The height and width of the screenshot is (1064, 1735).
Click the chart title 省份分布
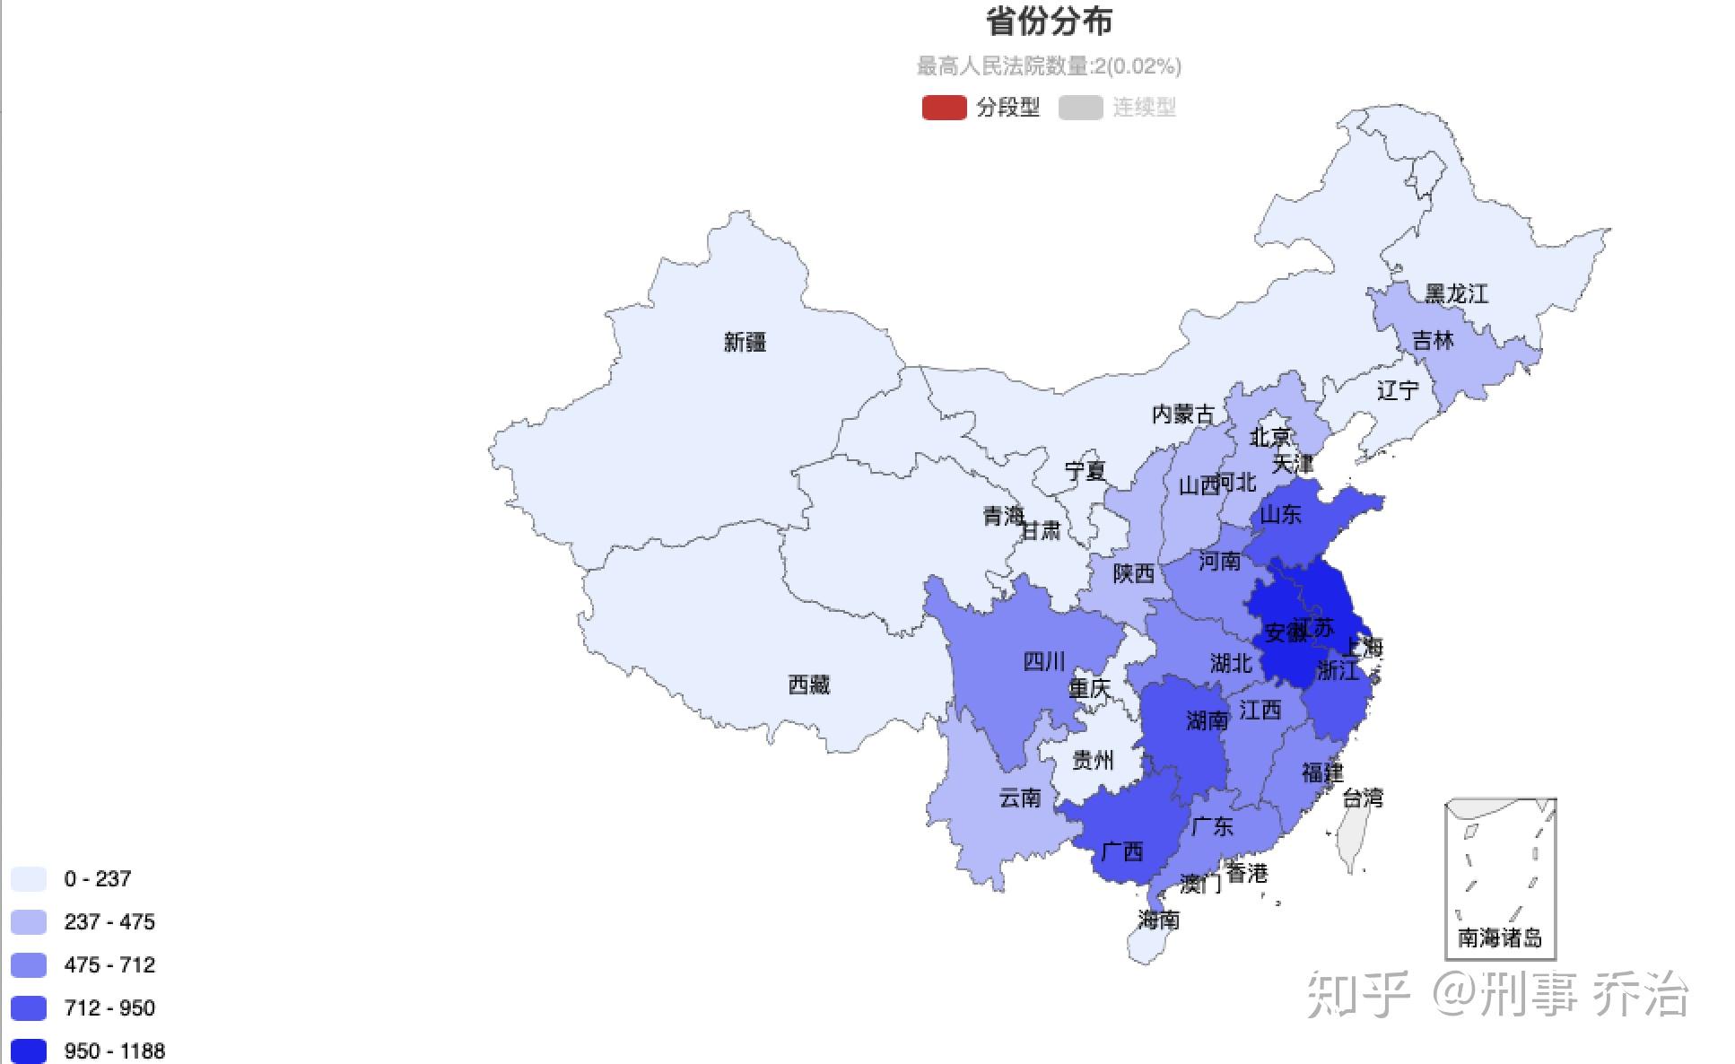1049,22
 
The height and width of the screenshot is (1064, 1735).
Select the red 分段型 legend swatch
944,108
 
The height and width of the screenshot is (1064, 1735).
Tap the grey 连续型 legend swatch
1080,108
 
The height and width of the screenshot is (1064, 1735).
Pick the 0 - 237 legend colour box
29,878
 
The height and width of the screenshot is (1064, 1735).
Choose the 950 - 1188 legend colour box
29,1051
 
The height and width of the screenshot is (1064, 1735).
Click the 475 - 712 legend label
109,964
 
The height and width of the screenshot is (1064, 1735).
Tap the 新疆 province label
745,342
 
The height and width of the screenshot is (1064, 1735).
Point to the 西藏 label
808,685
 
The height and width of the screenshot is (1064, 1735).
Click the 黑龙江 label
1456,293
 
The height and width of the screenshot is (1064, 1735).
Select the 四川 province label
1044,661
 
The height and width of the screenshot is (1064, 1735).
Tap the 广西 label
1121,850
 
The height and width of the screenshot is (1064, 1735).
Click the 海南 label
1158,920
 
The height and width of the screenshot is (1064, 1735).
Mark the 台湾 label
1362,798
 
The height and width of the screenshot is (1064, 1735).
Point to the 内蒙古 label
1182,414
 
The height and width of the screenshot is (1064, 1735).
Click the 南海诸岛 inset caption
1499,938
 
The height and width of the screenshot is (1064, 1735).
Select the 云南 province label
1020,798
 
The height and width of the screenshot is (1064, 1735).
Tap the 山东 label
1280,514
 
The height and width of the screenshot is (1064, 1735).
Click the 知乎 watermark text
1358,994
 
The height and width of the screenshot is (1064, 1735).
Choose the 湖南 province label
1207,720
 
